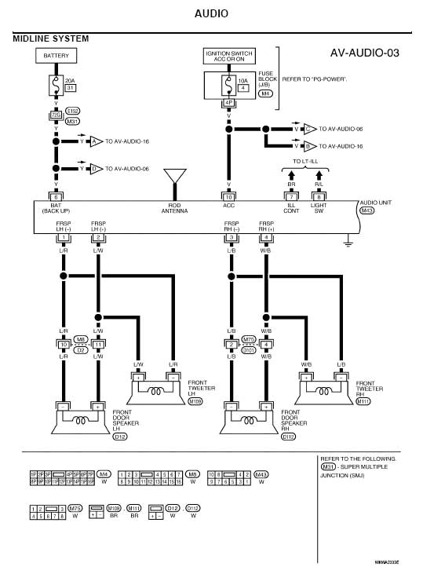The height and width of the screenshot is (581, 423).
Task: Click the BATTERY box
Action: coord(56,57)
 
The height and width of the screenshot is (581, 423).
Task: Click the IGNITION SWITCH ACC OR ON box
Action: coord(228,57)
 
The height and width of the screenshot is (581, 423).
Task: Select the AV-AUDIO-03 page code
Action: coord(365,53)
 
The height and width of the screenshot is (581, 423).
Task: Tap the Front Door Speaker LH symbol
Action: coord(80,418)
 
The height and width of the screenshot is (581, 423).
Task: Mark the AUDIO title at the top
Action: coord(211,13)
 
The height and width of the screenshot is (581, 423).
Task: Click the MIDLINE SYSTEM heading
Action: coord(51,38)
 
